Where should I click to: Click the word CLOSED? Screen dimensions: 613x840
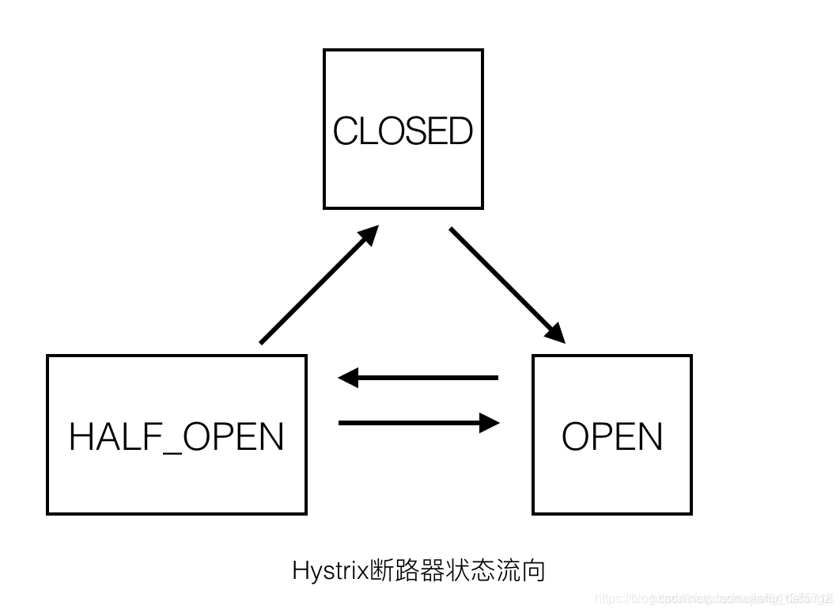(x=403, y=131)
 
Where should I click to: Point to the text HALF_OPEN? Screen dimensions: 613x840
(x=176, y=436)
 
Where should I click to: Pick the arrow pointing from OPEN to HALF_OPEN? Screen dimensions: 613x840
(x=419, y=378)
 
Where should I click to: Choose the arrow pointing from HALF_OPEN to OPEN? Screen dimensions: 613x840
(x=419, y=423)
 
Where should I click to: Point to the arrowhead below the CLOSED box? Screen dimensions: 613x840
(x=369, y=235)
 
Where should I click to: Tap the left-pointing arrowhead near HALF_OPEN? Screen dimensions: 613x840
(x=349, y=378)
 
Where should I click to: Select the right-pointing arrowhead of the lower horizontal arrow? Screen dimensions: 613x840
(x=489, y=423)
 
